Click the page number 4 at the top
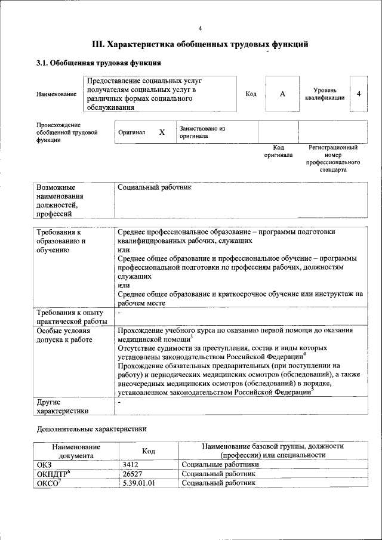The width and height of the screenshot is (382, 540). (x=200, y=28)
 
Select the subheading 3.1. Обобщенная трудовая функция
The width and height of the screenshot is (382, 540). (x=98, y=63)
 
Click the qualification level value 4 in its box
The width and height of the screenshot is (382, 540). (x=358, y=94)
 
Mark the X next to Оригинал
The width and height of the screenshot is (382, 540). (x=161, y=132)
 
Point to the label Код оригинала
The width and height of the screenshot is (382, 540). (x=278, y=151)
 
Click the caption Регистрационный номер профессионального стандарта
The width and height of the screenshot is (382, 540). (x=332, y=158)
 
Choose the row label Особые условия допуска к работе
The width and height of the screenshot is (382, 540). (x=64, y=335)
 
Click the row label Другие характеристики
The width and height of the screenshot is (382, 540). (x=63, y=406)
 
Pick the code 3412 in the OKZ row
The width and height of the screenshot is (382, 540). (x=131, y=464)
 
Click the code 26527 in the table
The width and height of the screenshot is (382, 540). (x=133, y=473)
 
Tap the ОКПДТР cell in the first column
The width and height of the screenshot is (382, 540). (x=54, y=473)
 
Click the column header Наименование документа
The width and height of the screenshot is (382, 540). (x=76, y=450)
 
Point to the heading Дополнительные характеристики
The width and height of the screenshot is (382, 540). (x=91, y=428)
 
